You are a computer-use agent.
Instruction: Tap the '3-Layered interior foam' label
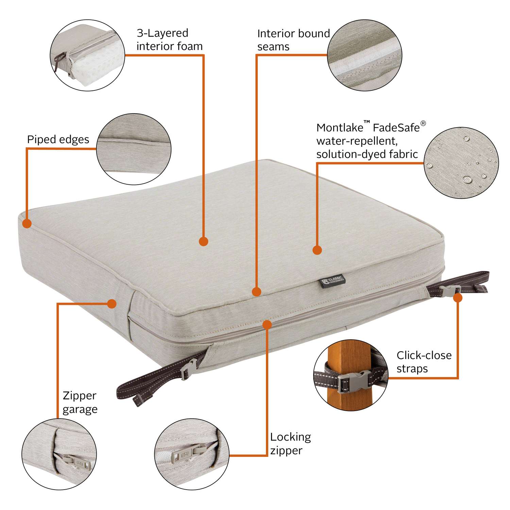(x=169, y=39)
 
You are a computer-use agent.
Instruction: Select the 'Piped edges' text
(x=58, y=139)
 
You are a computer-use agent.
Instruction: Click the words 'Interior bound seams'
(x=293, y=40)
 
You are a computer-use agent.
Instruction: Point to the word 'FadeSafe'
(x=396, y=128)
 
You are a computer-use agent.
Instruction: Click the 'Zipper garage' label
(x=80, y=402)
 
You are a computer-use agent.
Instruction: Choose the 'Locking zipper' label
(x=290, y=443)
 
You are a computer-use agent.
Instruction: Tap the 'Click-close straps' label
(x=424, y=362)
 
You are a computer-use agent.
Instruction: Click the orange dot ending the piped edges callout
(x=27, y=223)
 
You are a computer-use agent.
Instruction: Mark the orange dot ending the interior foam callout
(x=203, y=241)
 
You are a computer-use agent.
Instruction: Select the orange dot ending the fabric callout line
(x=317, y=250)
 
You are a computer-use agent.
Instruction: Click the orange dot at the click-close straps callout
(x=458, y=298)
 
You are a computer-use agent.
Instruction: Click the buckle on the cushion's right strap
(x=449, y=290)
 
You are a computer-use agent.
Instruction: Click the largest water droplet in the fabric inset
(x=468, y=179)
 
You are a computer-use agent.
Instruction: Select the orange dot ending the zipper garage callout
(x=112, y=304)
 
